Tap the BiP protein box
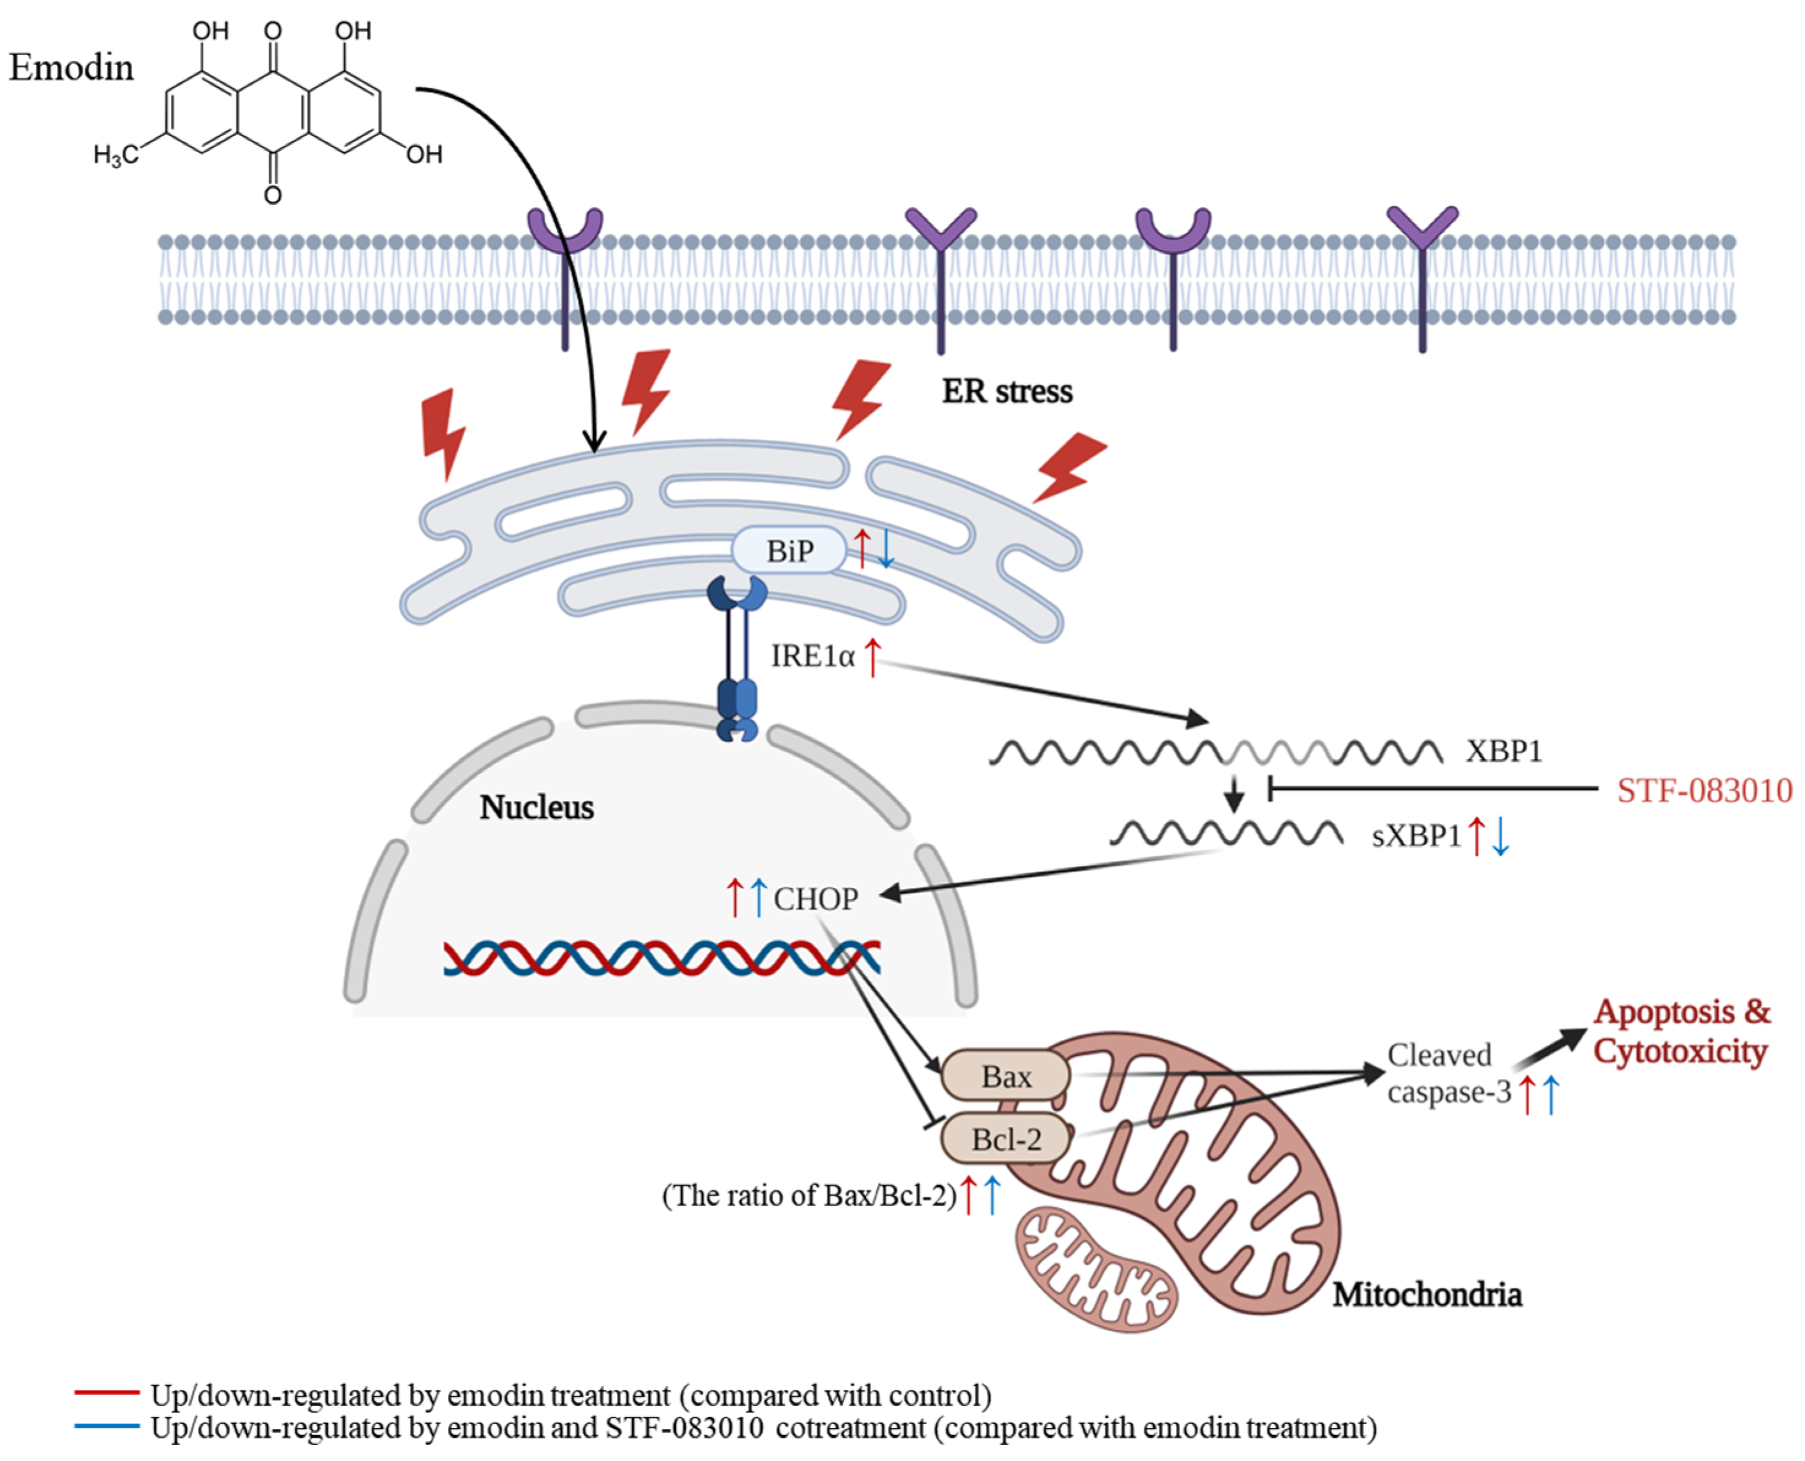pyautogui.click(x=789, y=551)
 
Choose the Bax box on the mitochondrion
pyautogui.click(x=1005, y=1076)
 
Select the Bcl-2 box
pyautogui.click(x=1005, y=1139)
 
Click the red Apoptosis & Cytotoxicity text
pyautogui.click(x=1681, y=1032)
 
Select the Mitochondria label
pyautogui.click(x=1426, y=1294)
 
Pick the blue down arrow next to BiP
pyautogui.click(x=886, y=548)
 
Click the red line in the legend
pyautogui.click(x=107, y=1393)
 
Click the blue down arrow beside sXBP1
pyautogui.click(x=1500, y=837)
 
